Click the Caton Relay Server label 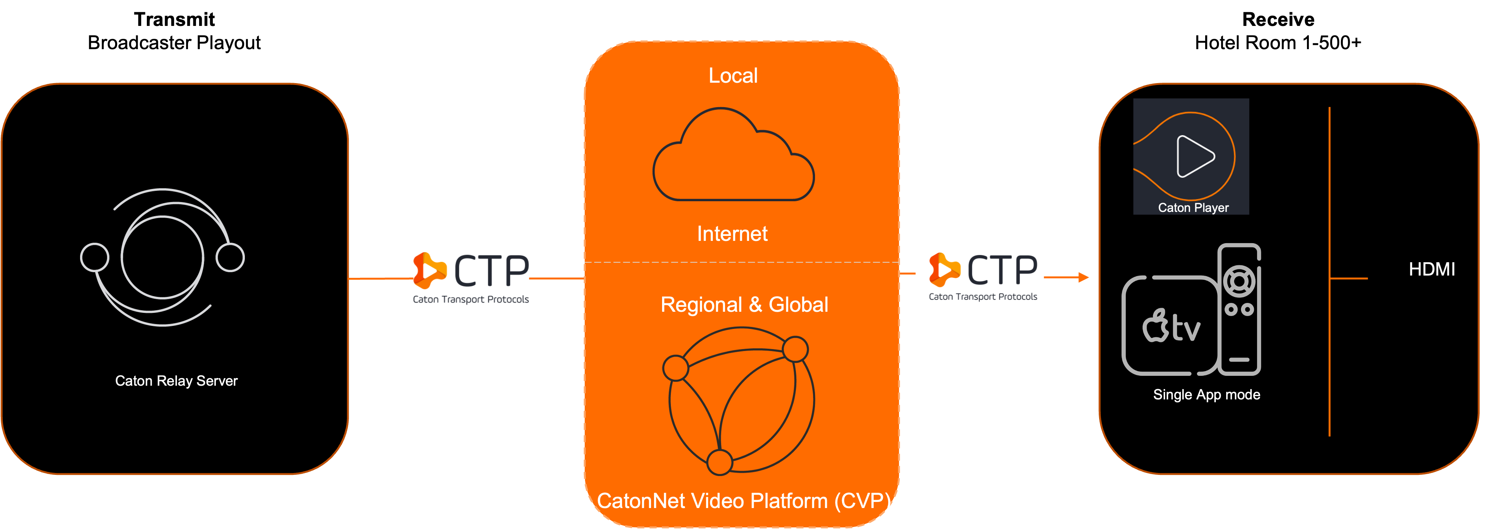click(x=176, y=381)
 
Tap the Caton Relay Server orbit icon click(x=162, y=257)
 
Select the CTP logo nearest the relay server click(x=470, y=277)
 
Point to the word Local click(x=733, y=76)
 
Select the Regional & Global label click(x=744, y=305)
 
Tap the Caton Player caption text click(x=1193, y=208)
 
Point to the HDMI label click(x=1432, y=269)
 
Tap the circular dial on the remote click(x=1239, y=282)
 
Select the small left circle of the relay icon click(x=95, y=257)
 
